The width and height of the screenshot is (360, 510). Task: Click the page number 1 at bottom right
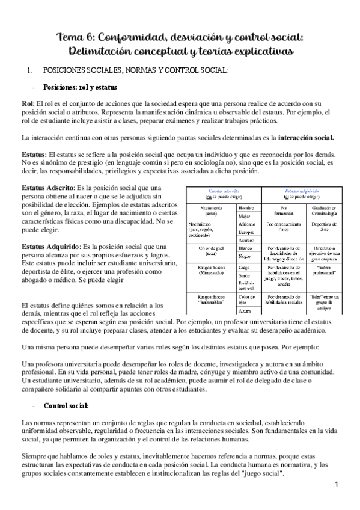click(337, 484)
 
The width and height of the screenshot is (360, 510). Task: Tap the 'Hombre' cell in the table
click(246, 207)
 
